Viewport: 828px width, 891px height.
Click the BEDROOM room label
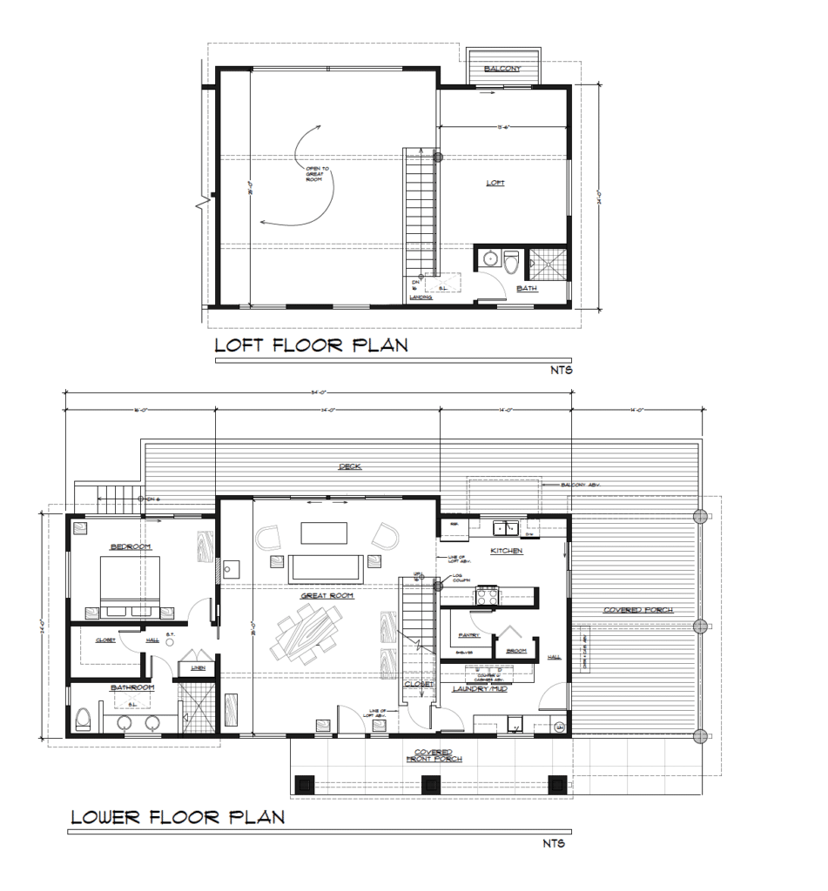[131, 546]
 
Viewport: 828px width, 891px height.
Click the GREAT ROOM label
[326, 596]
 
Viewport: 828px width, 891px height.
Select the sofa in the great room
[326, 566]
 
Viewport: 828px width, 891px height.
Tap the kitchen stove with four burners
[484, 596]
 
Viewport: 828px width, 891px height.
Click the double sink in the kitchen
[504, 527]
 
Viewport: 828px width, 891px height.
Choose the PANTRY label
[461, 635]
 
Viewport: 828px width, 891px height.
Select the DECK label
[350, 467]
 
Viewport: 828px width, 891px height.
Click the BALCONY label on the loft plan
[504, 69]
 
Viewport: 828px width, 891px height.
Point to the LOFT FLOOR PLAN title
[312, 345]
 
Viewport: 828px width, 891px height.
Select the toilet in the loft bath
[511, 261]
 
